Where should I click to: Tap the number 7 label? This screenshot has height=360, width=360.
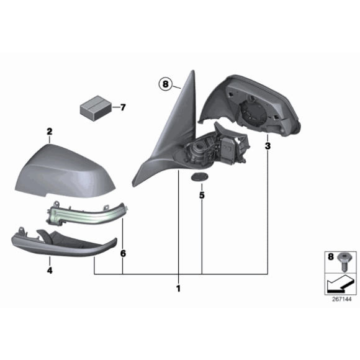tap(122, 107)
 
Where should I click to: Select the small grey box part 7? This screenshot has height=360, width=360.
tap(95, 107)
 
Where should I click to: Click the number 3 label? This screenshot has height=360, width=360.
tap(268, 146)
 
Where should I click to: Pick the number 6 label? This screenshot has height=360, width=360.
tap(123, 254)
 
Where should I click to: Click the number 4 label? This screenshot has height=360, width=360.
tap(50, 271)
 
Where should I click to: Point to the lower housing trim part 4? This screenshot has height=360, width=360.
tap(62, 246)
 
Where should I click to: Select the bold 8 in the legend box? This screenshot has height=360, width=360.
tap(330, 256)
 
